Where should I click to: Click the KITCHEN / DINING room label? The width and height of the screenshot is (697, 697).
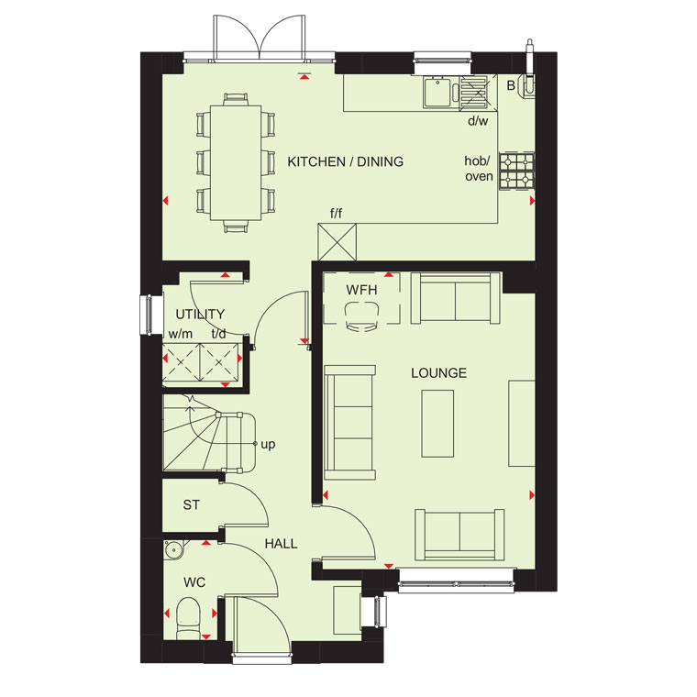tap(346, 161)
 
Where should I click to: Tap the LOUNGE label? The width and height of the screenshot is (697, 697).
tap(438, 373)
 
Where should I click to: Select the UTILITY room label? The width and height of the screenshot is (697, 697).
tap(200, 315)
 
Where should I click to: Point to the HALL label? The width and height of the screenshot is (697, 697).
tap(281, 544)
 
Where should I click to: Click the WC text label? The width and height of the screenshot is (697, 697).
tap(194, 582)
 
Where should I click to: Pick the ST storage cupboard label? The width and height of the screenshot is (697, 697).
tap(191, 505)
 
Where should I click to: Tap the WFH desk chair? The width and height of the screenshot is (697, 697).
tap(362, 316)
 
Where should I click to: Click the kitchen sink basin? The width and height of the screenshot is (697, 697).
tap(437, 92)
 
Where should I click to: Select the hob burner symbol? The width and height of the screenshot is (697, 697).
tap(516, 171)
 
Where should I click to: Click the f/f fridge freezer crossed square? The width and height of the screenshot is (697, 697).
tap(337, 242)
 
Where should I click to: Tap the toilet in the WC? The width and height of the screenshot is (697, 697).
tap(189, 618)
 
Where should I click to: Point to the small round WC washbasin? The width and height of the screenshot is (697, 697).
tap(173, 549)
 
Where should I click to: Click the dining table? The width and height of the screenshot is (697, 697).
tap(236, 162)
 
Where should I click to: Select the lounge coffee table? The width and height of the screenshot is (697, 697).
tap(437, 424)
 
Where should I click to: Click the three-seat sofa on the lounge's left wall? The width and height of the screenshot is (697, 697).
tap(349, 423)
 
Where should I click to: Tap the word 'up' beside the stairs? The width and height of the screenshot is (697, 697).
tap(268, 444)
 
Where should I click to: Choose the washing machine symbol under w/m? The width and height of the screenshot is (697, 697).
tap(182, 362)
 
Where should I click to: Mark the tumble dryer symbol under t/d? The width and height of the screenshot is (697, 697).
tap(219, 362)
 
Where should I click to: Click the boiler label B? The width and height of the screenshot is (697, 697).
tap(511, 85)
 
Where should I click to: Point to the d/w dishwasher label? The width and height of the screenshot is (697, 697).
tap(478, 121)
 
